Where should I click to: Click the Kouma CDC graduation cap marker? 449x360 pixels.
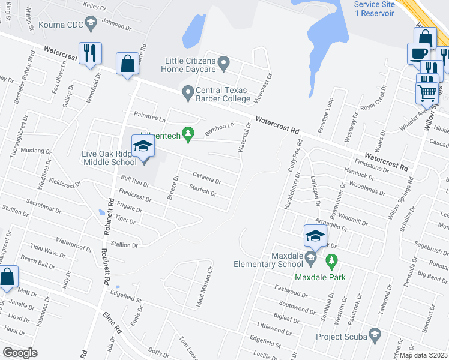91,23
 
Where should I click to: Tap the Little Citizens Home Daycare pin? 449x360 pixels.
224,61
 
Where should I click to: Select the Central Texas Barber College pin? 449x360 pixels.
188,92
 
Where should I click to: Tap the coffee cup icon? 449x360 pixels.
418,53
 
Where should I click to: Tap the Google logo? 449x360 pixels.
20,353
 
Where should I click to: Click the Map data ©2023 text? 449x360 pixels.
423,355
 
